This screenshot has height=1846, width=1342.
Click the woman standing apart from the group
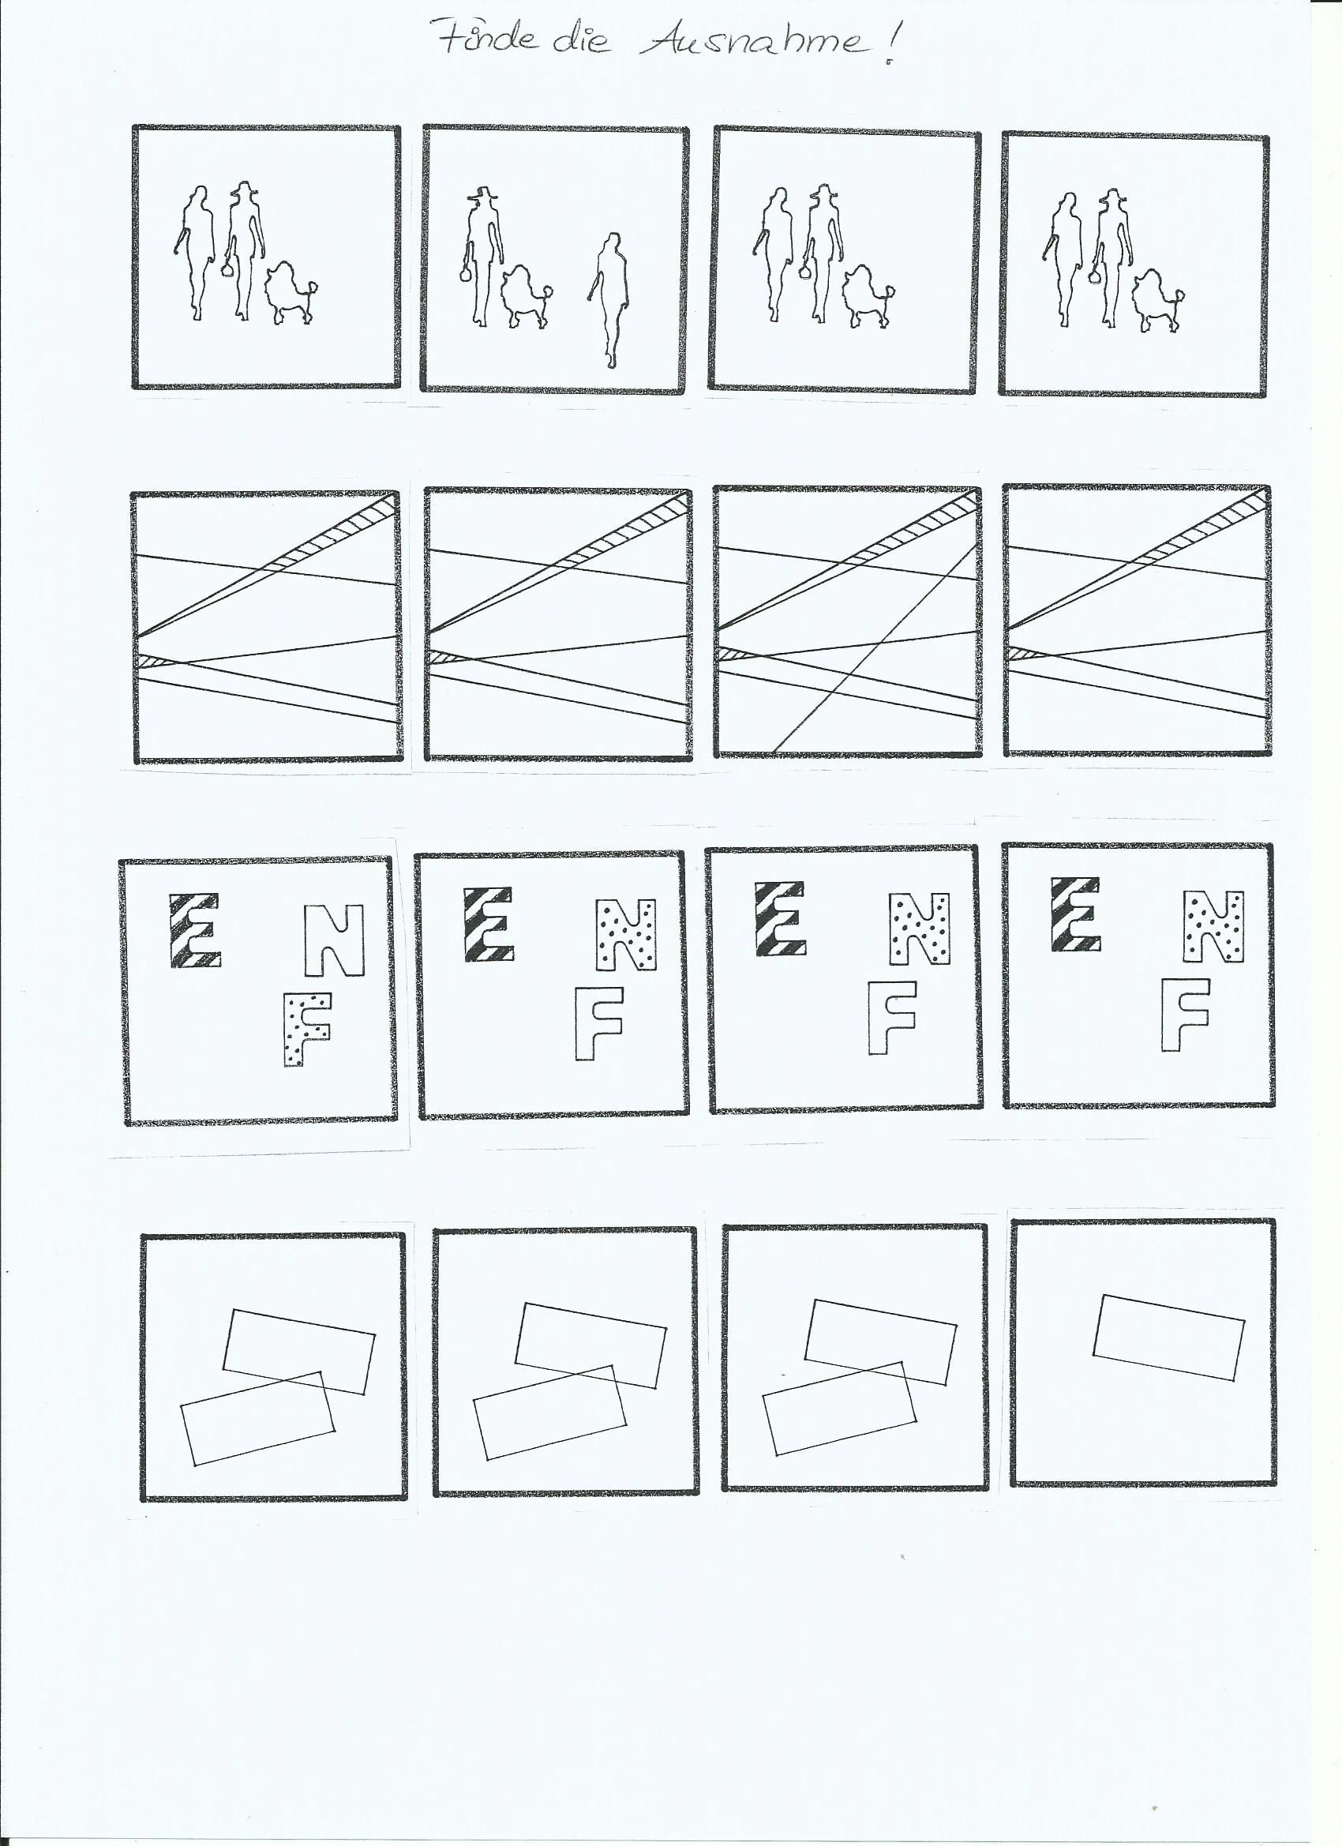coord(608,300)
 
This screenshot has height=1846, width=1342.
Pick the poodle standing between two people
coord(525,297)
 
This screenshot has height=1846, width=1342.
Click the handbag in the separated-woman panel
coord(466,272)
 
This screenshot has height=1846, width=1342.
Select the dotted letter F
coord(307,1028)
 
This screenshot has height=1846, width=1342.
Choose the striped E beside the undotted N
coord(194,929)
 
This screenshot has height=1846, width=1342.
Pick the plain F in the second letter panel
coord(599,1023)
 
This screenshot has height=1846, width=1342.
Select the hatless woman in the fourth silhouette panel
coord(1059,260)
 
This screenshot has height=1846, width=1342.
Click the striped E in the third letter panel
coord(781,917)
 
